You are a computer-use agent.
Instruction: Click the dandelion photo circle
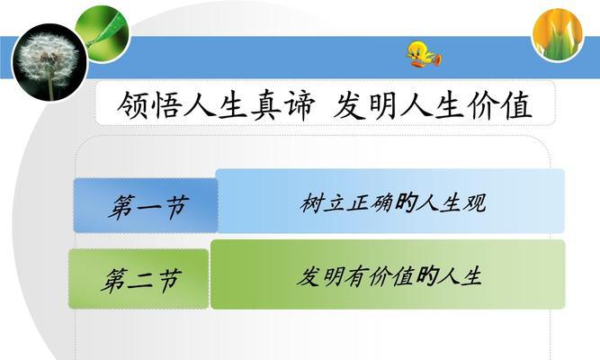click(x=49, y=62)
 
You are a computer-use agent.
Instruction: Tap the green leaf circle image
click(x=103, y=32)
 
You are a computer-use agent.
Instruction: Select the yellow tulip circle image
click(x=558, y=34)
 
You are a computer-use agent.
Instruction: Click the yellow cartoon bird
click(x=423, y=54)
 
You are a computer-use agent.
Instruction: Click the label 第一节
click(x=148, y=207)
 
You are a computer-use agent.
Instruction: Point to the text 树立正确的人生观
click(x=393, y=202)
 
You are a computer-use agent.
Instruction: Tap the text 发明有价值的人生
click(x=390, y=276)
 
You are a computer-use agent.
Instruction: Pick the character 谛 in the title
click(x=300, y=105)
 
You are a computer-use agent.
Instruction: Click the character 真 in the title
click(x=267, y=105)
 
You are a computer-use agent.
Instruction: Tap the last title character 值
click(x=517, y=105)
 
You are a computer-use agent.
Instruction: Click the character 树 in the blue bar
click(x=311, y=202)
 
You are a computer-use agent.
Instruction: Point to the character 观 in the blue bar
click(x=475, y=202)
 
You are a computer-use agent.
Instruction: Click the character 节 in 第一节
click(x=177, y=207)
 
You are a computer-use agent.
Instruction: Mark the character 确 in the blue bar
click(x=381, y=202)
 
